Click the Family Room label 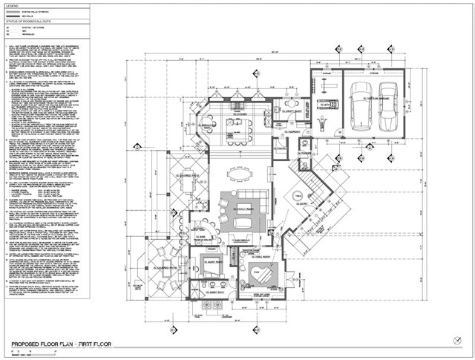tap(243, 210)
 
